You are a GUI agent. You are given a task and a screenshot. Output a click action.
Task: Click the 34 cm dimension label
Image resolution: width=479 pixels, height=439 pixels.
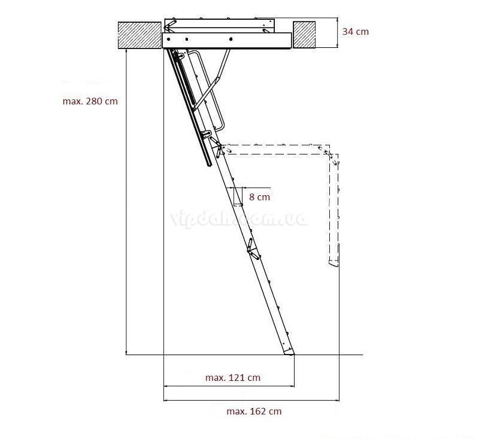point(356,31)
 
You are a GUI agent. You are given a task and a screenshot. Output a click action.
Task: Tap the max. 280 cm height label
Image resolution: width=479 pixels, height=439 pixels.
point(90,101)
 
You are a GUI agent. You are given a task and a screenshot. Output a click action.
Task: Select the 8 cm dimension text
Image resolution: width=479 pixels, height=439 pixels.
point(259,196)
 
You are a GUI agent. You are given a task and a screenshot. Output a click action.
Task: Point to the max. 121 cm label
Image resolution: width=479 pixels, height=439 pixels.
point(233,377)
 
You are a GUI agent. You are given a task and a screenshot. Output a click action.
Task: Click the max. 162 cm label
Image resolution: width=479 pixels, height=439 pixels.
point(254,411)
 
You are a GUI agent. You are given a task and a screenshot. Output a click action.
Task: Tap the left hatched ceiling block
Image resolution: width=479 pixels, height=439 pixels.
point(138,35)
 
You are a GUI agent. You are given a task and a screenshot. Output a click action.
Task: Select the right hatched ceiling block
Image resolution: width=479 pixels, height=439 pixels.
point(304,35)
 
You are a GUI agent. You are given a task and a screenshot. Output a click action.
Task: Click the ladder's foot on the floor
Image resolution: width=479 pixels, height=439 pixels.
point(289,353)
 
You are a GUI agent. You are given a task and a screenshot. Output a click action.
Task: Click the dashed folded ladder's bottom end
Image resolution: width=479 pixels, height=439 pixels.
point(333,261)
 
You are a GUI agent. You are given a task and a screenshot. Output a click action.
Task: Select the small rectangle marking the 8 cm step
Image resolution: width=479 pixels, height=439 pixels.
point(238,196)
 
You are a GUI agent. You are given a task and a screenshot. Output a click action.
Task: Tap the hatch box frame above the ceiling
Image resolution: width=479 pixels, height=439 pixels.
point(219,26)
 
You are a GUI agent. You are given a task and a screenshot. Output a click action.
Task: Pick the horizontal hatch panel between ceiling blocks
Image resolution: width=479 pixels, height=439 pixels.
point(226,40)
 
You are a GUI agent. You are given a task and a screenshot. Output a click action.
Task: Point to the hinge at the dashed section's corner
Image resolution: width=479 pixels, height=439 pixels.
point(328,152)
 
